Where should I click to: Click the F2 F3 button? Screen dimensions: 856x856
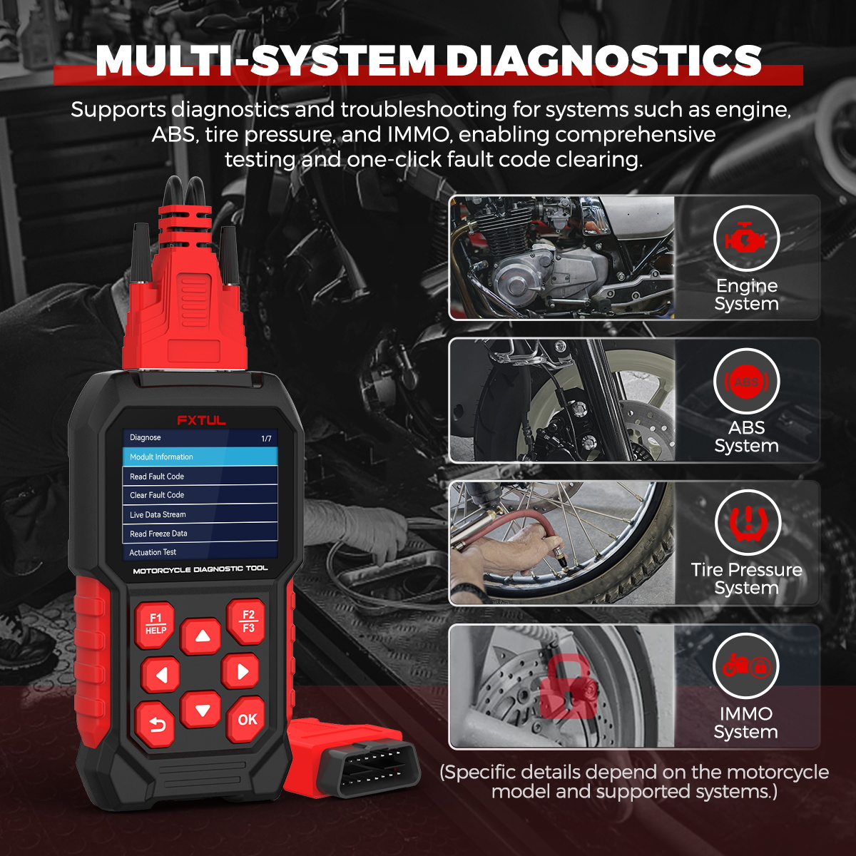coord(247,621)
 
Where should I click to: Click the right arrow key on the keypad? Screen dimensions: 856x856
coord(240,671)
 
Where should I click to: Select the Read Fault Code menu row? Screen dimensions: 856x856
coord(200,476)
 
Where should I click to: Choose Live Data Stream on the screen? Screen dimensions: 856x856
coord(200,514)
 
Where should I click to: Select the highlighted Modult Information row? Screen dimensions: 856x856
coord(200,457)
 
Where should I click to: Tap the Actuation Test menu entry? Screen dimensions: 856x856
coord(200,552)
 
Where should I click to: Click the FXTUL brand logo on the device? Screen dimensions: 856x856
coord(201,420)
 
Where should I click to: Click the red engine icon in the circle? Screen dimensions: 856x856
coord(746,239)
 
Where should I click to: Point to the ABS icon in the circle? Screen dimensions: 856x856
coord(746,382)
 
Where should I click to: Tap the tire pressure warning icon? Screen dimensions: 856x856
coord(747,523)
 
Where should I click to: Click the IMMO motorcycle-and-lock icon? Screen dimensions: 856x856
coord(745,666)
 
